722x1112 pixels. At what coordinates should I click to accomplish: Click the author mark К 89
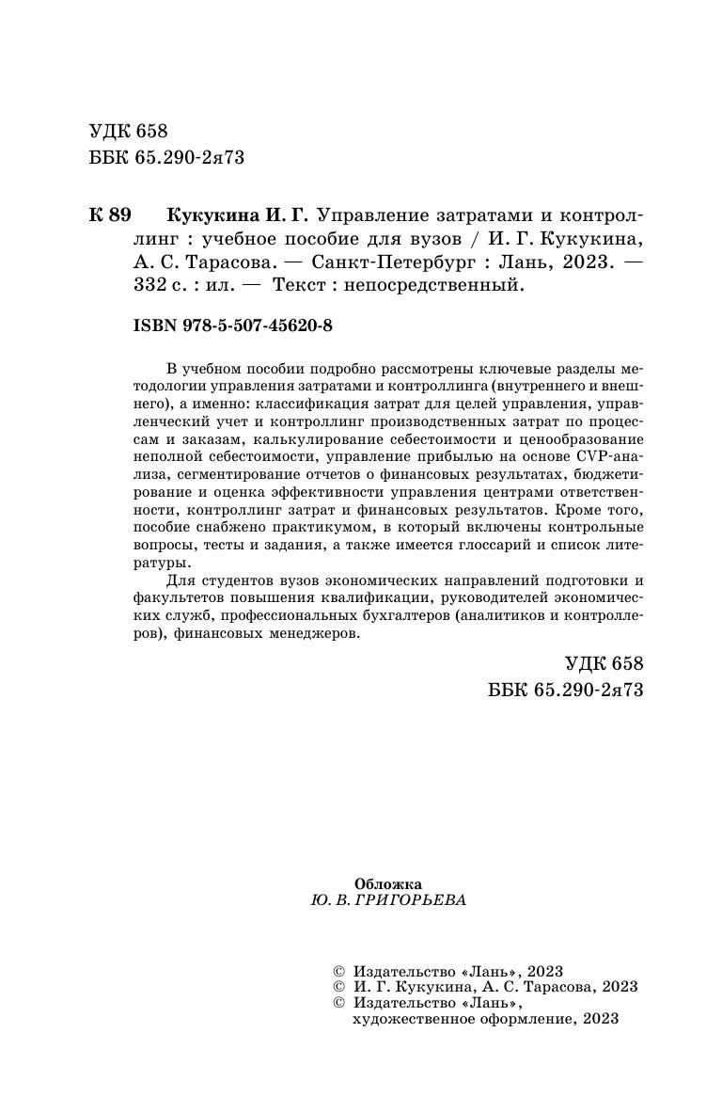coord(109,214)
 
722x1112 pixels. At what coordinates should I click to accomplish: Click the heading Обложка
coord(388,883)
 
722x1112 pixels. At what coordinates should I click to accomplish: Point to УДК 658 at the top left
coord(128,131)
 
